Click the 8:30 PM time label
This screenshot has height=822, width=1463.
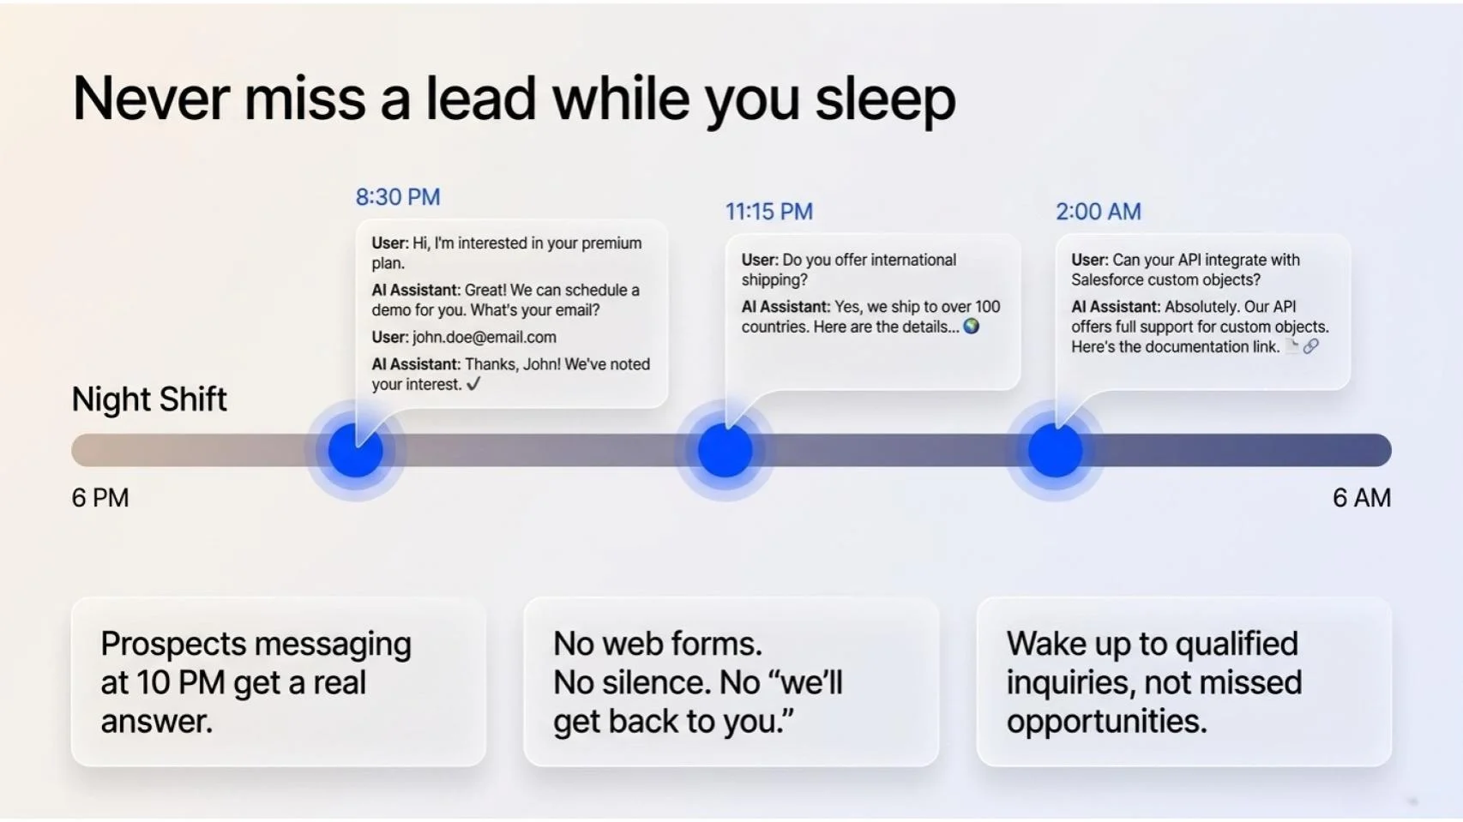tap(398, 197)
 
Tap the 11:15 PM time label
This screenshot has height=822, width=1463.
tap(768, 212)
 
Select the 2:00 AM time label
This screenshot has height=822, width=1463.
tap(1098, 212)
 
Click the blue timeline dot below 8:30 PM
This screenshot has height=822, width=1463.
tap(356, 450)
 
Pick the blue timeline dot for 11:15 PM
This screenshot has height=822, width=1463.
tap(725, 450)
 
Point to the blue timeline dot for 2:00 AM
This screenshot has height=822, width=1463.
tap(1055, 450)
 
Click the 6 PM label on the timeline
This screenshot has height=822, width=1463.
tap(100, 498)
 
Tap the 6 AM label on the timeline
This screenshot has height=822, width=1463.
tap(1361, 498)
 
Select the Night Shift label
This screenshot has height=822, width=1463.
tap(149, 399)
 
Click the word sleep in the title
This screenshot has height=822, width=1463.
tap(885, 99)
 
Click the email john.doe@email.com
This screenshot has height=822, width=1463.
tap(484, 338)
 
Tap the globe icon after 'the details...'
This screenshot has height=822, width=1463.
tap(972, 327)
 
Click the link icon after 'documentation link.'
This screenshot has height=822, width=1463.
tap(1310, 346)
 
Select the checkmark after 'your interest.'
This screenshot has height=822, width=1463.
tap(473, 384)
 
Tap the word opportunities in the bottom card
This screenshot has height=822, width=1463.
tap(1105, 722)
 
